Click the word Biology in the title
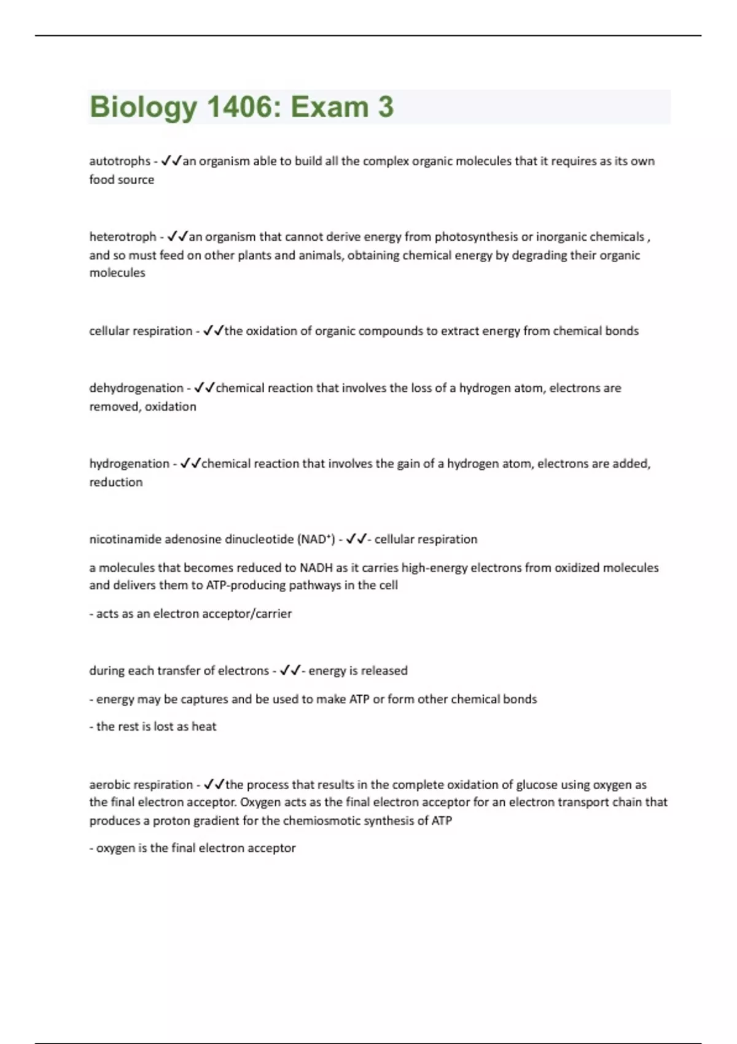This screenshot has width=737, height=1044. (x=143, y=107)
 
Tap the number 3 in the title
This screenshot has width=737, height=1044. (x=386, y=107)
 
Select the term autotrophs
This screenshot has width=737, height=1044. (x=120, y=162)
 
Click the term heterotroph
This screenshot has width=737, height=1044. (x=123, y=237)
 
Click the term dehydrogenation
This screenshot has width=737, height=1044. (x=136, y=388)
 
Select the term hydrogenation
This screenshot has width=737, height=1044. (x=129, y=464)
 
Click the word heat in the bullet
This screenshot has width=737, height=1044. (x=204, y=727)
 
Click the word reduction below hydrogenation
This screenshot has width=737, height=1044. (x=116, y=482)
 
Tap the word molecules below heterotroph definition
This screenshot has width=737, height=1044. (x=117, y=273)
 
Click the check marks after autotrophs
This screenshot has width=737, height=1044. (x=171, y=162)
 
